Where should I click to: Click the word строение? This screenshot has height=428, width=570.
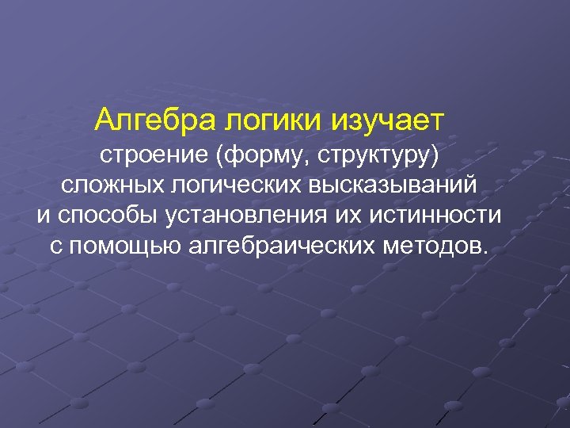pos(154,155)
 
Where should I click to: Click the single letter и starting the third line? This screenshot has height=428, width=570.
pos(43,215)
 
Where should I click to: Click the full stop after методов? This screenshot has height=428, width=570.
pos(484,251)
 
